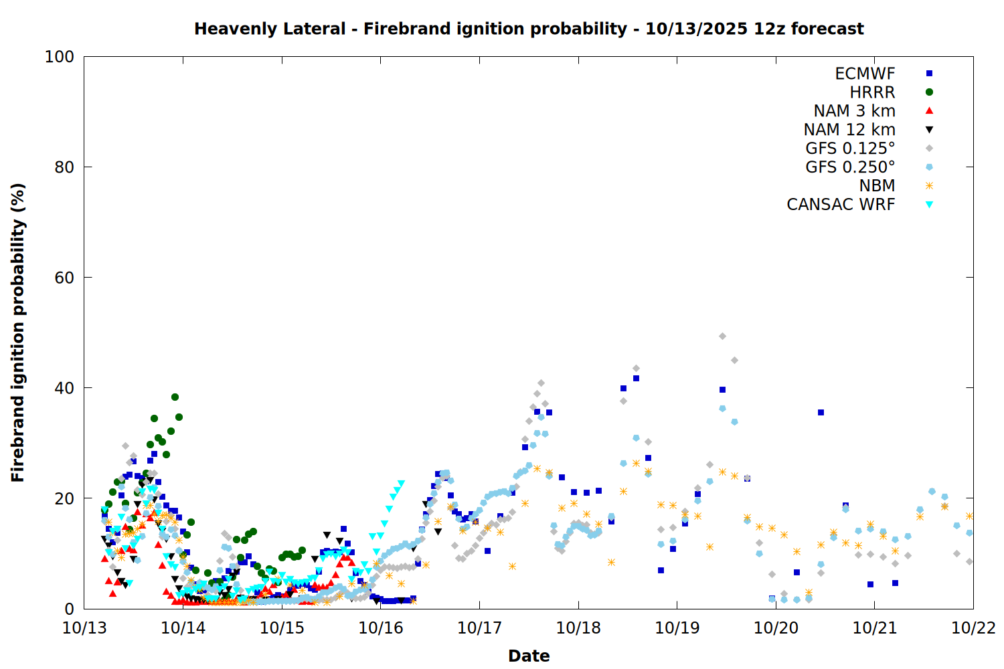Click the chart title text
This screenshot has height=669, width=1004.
pyautogui.click(x=529, y=29)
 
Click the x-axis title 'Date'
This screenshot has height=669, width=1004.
pyautogui.click(x=529, y=656)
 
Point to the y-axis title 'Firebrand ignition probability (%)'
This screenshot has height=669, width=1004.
pyautogui.click(x=18, y=332)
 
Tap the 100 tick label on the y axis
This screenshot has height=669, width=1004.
pyautogui.click(x=60, y=57)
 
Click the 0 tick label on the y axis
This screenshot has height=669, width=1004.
pyautogui.click(x=69, y=609)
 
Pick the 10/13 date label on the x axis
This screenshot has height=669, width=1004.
pyautogui.click(x=84, y=628)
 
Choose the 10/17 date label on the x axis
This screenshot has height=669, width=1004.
pyautogui.click(x=479, y=628)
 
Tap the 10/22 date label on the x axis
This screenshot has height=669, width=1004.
pyautogui.click(x=973, y=628)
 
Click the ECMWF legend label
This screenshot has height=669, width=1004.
pyautogui.click(x=865, y=74)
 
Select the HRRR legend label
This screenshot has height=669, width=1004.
pyautogui.click(x=872, y=92)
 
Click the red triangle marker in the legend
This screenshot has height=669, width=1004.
pyautogui.click(x=929, y=111)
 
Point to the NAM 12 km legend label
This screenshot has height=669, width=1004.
pyautogui.click(x=849, y=130)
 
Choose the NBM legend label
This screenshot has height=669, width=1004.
pyautogui.click(x=877, y=186)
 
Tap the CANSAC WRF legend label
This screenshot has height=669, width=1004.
pyautogui.click(x=841, y=205)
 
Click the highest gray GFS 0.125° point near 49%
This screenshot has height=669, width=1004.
pyautogui.click(x=722, y=337)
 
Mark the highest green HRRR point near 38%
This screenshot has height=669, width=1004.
pyautogui.click(x=175, y=397)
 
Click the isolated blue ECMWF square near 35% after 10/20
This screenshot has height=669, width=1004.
pyautogui.click(x=821, y=412)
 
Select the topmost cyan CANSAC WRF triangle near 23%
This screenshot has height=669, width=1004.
pyautogui.click(x=401, y=484)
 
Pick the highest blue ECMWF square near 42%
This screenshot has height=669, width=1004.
pyautogui.click(x=636, y=378)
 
